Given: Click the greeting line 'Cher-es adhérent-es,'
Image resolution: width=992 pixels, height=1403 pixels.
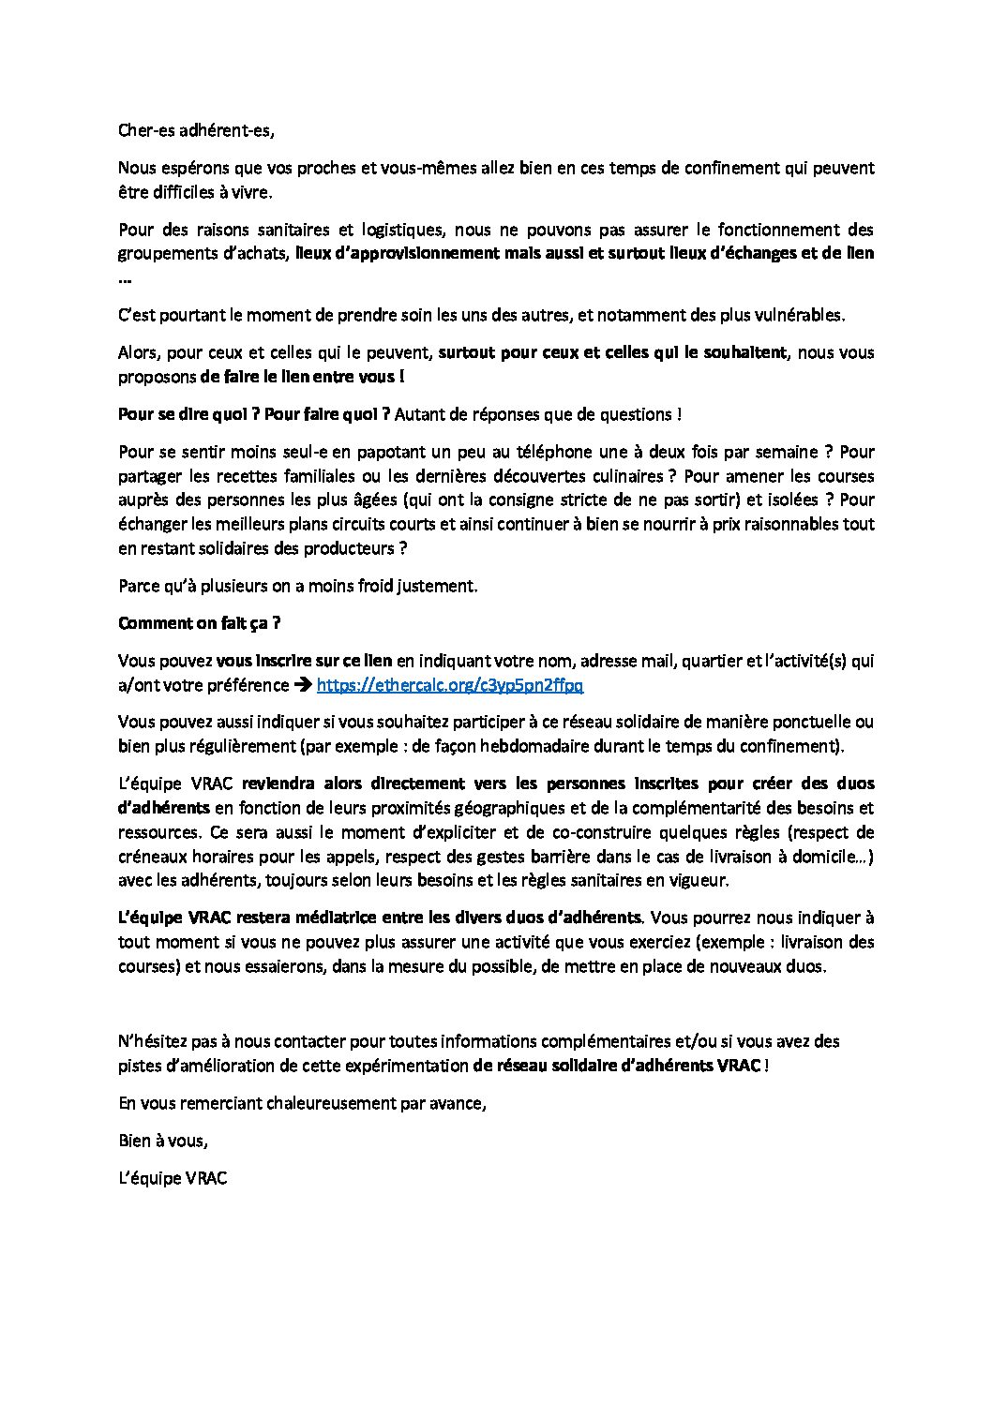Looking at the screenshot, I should [x=196, y=130].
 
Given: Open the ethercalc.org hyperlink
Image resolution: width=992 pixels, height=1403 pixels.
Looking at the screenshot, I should [x=450, y=685].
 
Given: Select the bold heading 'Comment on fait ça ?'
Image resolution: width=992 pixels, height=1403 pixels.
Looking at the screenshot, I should [x=199, y=623].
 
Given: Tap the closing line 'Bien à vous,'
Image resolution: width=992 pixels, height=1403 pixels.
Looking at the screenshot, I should [x=163, y=1141].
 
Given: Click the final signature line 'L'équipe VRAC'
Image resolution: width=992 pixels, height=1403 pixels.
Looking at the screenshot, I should [x=173, y=1178].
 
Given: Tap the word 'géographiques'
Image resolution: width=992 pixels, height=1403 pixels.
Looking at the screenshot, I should [x=488, y=808].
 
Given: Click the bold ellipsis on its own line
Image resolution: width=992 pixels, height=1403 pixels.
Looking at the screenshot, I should [x=125, y=278].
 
